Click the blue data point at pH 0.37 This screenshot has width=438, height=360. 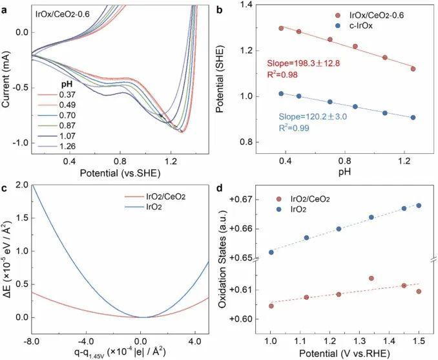point(281,94)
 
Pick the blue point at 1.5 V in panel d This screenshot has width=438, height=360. point(419,206)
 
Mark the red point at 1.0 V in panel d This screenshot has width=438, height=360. point(271,306)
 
